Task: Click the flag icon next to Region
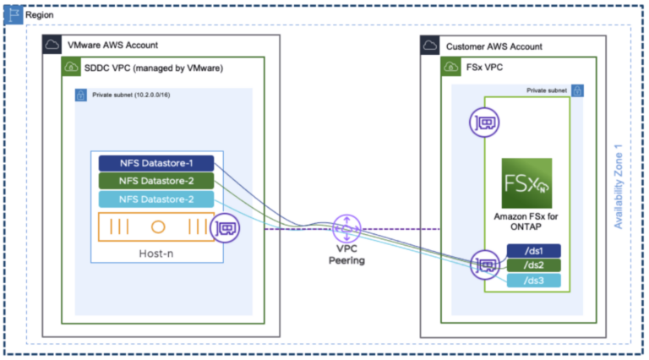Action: (x=14, y=15)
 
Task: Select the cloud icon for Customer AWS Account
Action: (x=432, y=45)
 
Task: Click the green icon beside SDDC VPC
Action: (x=69, y=67)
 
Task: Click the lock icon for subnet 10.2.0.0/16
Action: (x=81, y=95)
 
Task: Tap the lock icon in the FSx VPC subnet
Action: (x=579, y=89)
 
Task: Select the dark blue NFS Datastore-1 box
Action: (x=156, y=163)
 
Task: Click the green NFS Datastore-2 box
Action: (x=156, y=181)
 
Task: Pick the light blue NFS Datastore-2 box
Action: (x=156, y=199)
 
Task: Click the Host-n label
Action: (x=156, y=253)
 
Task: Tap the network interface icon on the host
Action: (x=226, y=227)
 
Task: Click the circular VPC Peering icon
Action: (x=346, y=227)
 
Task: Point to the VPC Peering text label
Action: (x=346, y=256)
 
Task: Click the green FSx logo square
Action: (x=526, y=183)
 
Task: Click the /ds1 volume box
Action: (x=533, y=250)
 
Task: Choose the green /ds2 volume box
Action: (x=533, y=265)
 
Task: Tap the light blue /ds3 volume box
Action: (x=533, y=281)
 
